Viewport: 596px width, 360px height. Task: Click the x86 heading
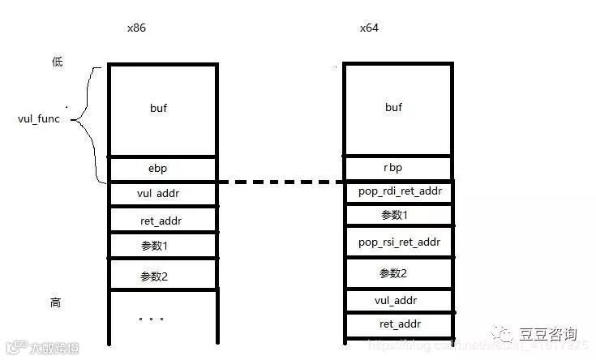click(x=136, y=28)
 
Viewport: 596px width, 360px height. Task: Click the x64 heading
click(x=369, y=28)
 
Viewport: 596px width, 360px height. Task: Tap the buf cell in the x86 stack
click(x=161, y=107)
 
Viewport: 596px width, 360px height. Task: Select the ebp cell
click(x=161, y=169)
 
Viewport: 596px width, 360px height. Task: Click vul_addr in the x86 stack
click(x=161, y=195)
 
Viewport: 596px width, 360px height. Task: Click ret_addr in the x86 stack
click(x=161, y=220)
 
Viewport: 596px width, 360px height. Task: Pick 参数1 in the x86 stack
click(x=161, y=245)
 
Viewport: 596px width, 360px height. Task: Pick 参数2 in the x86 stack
click(x=161, y=276)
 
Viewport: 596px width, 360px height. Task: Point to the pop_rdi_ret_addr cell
click(x=398, y=192)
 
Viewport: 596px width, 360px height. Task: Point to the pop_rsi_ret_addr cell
click(x=398, y=242)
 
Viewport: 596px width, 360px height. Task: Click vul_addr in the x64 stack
click(x=397, y=300)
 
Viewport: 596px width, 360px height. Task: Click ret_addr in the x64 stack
click(x=397, y=325)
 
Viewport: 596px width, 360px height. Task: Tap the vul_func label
click(x=41, y=119)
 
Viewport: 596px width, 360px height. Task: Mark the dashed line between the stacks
click(x=280, y=182)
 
